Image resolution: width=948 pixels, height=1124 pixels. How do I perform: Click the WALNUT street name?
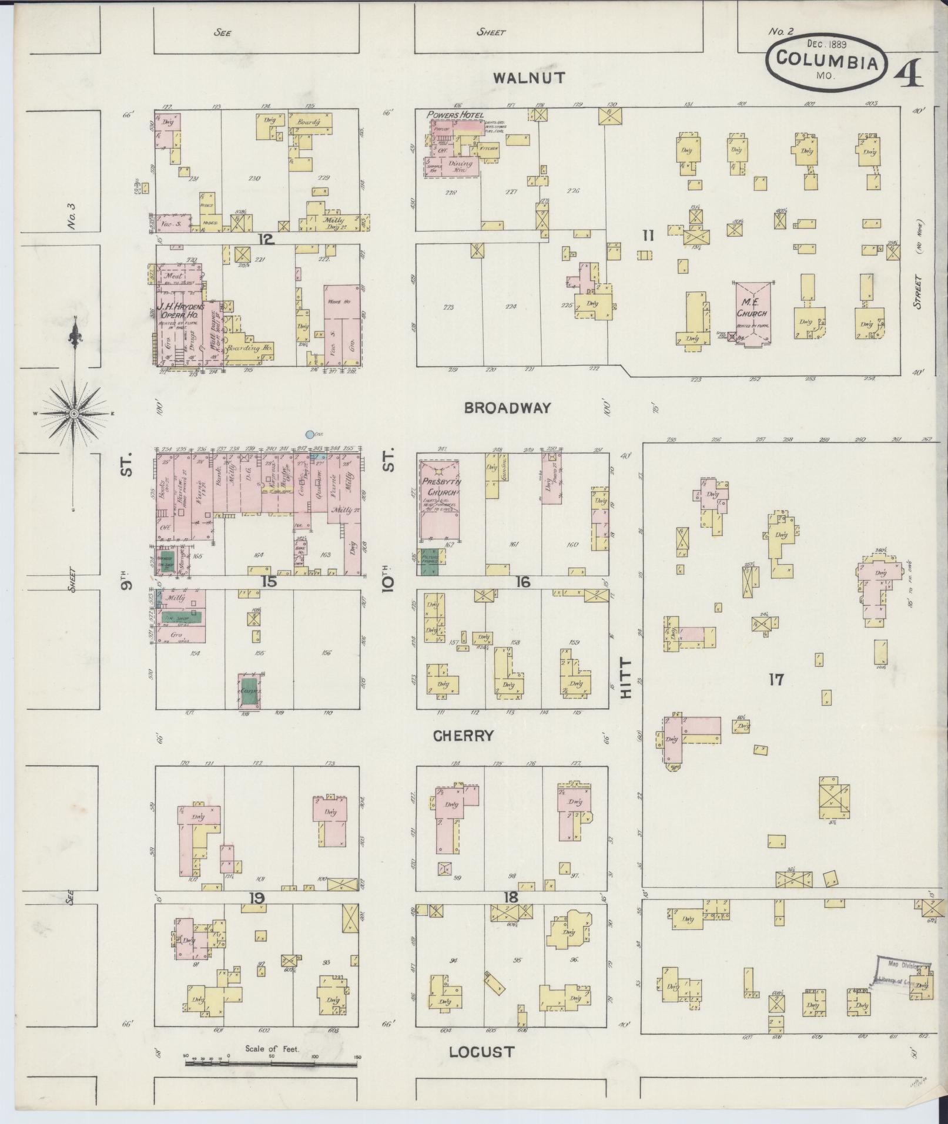pos(529,78)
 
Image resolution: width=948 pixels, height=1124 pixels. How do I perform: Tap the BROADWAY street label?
pos(507,408)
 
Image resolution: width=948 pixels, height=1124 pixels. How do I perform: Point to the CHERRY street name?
pos(464,736)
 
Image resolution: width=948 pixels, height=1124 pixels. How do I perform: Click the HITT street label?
pos(627,678)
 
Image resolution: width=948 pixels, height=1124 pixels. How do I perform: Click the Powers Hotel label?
pos(456,115)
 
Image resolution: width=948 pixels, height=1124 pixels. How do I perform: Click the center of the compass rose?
pos(74,414)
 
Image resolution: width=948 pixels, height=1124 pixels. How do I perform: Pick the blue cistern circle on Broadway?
pos(310,435)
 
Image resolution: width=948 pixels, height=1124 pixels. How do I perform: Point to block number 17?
pos(776,680)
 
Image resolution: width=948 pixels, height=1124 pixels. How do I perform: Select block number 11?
pos(648,236)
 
